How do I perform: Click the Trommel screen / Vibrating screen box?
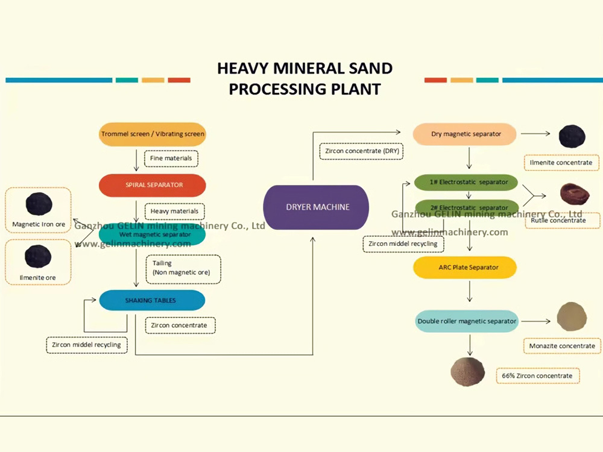(x=152, y=134)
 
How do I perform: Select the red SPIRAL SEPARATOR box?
(x=152, y=185)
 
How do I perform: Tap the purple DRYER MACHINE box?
(x=317, y=207)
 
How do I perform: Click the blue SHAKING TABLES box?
(x=152, y=300)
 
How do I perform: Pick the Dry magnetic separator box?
(x=464, y=134)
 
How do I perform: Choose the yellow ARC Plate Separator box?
(x=465, y=267)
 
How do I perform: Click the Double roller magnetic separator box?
(x=467, y=321)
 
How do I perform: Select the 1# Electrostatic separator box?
(x=466, y=181)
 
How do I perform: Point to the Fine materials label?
(x=171, y=159)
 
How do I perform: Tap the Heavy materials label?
(x=174, y=212)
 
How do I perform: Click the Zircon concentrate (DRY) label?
(x=361, y=150)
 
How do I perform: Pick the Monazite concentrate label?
(x=561, y=346)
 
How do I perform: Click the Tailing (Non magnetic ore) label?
(x=182, y=268)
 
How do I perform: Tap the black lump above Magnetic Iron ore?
(x=39, y=204)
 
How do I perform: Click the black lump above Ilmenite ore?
(x=38, y=256)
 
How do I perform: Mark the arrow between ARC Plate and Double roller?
(x=469, y=293)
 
